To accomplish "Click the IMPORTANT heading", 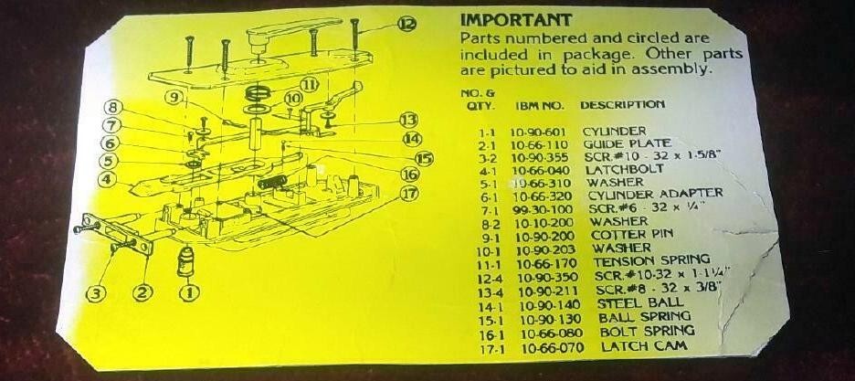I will click(516, 19).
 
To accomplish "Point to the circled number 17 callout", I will click(408, 193).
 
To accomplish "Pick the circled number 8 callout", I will click(113, 107).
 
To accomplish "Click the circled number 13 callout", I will click(408, 120).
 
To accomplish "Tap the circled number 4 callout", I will click(109, 179).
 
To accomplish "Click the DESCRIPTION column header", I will click(622, 105).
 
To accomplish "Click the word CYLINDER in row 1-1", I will click(614, 131).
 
